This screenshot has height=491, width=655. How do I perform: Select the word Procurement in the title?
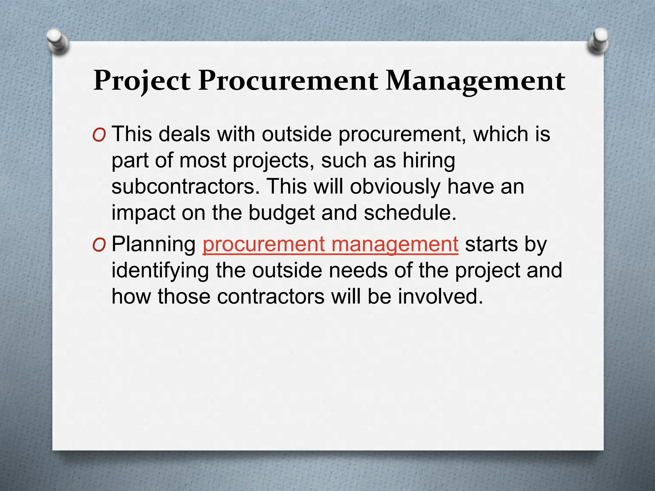click(x=288, y=81)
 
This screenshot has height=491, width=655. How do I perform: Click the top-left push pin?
click(x=57, y=41)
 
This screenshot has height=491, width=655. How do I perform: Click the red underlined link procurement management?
click(x=330, y=245)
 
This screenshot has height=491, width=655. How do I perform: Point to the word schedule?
click(x=410, y=213)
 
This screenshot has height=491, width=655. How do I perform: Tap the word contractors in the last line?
click(x=271, y=297)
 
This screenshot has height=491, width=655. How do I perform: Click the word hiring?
click(x=429, y=161)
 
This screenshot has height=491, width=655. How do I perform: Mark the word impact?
click(x=143, y=213)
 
